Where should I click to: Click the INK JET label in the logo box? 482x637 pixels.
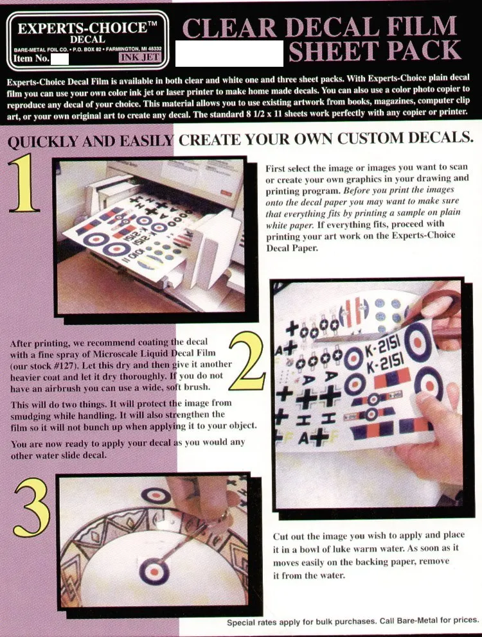pos(139,58)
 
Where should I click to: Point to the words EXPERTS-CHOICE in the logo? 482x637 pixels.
pos(82,28)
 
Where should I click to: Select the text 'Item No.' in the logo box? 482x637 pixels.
pos(31,58)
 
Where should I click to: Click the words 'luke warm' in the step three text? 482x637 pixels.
pos(362,548)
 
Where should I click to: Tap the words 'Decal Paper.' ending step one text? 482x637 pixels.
pos(292,247)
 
